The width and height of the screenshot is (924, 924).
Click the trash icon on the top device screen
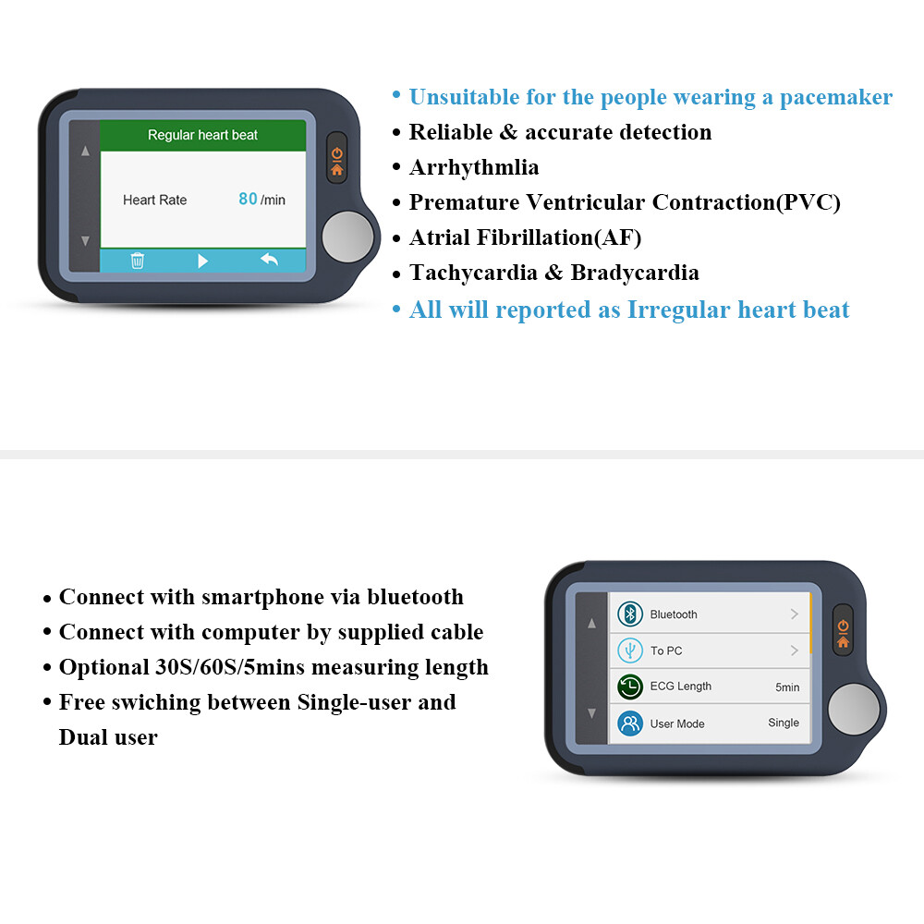pos(138,261)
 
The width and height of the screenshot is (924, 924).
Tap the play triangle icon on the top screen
pos(202,261)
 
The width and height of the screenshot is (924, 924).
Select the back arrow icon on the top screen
pos(269,260)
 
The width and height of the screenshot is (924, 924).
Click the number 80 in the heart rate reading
pos(248,199)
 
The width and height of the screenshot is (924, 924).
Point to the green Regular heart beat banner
pos(202,135)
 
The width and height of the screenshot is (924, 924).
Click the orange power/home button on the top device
pos(336,162)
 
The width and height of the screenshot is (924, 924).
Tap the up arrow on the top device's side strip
pos(85,151)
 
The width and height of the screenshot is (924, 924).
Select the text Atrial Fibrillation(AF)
pos(525,237)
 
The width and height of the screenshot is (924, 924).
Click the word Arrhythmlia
pos(474,167)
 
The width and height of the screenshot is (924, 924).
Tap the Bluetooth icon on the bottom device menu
pos(630,614)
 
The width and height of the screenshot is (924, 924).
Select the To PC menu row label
pos(666,650)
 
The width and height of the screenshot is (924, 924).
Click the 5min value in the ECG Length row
pos(787,687)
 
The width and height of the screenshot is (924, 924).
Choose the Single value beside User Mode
pos(784,723)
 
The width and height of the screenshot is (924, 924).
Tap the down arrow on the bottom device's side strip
pos(592,713)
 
